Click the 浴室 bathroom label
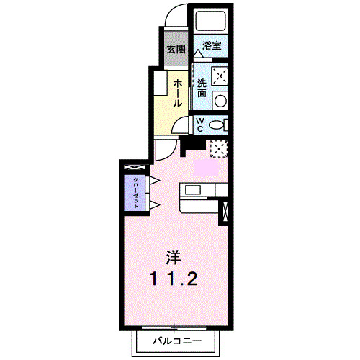click(211, 45)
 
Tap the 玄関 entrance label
click(176, 50)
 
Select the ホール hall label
click(176, 93)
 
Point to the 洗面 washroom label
click(202, 88)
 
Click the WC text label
click(200, 124)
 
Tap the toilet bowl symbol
click(217, 125)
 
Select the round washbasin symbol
click(221, 101)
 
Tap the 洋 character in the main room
click(173, 257)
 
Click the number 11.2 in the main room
click(173, 278)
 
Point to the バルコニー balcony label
click(173, 341)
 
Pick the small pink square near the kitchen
click(205, 166)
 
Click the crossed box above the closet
click(135, 168)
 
